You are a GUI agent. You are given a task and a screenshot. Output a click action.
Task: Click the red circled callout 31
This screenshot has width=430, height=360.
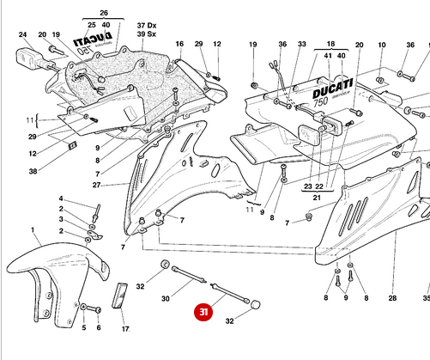[203, 314]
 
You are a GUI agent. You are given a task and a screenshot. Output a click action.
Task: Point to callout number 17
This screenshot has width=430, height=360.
[124, 328]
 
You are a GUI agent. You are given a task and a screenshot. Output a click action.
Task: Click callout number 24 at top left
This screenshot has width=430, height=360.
[23, 35]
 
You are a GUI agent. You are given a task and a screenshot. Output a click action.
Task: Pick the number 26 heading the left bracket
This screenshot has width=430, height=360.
[104, 14]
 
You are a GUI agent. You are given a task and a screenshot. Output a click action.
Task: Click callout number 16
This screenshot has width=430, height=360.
[179, 44]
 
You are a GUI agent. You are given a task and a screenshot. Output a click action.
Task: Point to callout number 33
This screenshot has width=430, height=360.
[302, 44]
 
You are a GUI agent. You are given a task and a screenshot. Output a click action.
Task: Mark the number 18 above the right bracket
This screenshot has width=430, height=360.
[330, 43]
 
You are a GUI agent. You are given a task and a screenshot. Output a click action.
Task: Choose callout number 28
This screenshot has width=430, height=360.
[392, 298]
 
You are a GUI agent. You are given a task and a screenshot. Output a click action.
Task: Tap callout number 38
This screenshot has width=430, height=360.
[33, 171]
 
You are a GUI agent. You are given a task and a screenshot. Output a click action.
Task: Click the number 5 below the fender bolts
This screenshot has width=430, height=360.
[83, 328]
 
